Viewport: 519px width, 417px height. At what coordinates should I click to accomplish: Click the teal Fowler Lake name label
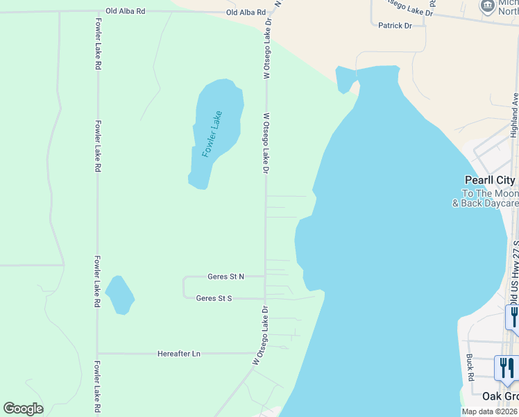pos(212,133)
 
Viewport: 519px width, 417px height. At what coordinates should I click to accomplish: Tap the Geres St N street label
pos(226,277)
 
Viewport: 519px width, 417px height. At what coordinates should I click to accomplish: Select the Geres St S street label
pos(214,298)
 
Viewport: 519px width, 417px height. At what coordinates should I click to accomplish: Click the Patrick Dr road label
pos(395,26)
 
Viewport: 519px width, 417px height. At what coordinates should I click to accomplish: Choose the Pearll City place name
pos(490,180)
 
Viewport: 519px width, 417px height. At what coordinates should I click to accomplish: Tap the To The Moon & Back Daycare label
pos(486,198)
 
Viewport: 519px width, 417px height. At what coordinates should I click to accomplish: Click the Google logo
pos(24,409)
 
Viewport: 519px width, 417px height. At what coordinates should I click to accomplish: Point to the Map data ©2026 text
pos(490,411)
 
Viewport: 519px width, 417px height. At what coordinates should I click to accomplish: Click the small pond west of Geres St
pos(119,295)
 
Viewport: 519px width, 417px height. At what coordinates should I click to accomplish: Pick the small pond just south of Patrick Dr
pos(345,79)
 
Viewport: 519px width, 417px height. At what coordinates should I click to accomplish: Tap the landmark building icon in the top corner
pos(487,7)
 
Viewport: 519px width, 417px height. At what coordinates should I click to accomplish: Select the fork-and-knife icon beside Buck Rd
pos(506,368)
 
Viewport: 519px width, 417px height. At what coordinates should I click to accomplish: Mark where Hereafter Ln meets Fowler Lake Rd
pos(97,354)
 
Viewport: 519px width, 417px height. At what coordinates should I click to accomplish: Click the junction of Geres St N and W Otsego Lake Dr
pos(265,277)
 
